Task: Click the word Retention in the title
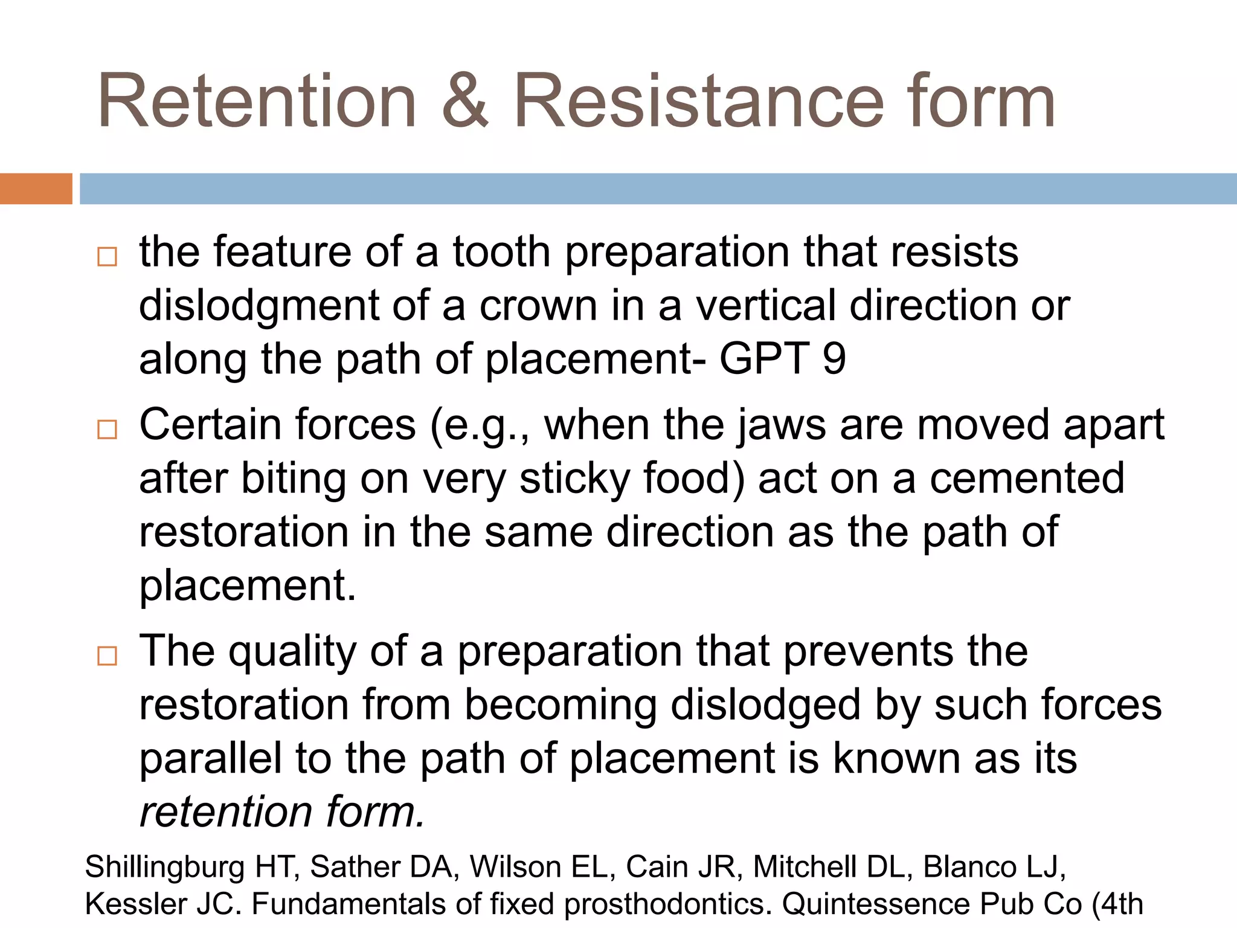pyautogui.click(x=257, y=101)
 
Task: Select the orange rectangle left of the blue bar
pyautogui.click(x=36, y=188)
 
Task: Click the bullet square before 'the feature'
pyautogui.click(x=107, y=257)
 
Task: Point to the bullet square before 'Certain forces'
pyautogui.click(x=107, y=430)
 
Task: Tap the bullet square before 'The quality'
pyautogui.click(x=107, y=656)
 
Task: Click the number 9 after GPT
pyautogui.click(x=834, y=358)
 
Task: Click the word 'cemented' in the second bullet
pyautogui.click(x=1027, y=478)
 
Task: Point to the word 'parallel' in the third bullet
pyautogui.click(x=210, y=758)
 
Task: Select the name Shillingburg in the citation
pyautogui.click(x=164, y=868)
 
